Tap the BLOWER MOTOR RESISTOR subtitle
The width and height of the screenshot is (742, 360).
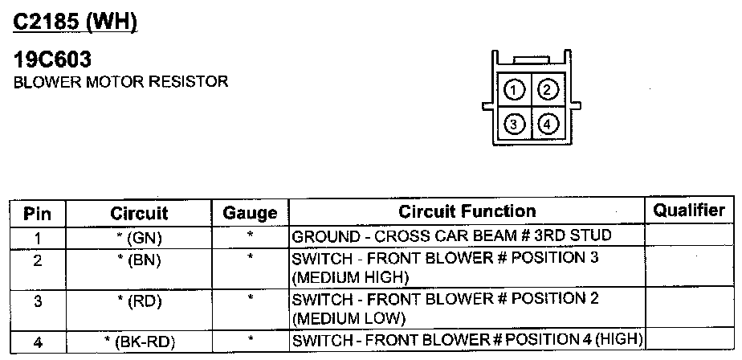tap(121, 81)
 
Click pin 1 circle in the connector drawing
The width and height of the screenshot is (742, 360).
tap(516, 88)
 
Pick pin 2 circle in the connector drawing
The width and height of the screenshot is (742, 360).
tap(548, 88)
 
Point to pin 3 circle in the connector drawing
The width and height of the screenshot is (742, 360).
tap(516, 124)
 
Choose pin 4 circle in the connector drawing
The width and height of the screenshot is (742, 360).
tap(548, 124)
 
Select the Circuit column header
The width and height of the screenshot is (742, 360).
tap(139, 214)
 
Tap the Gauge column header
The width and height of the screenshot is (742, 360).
tap(250, 214)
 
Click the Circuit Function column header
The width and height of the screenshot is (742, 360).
tap(467, 212)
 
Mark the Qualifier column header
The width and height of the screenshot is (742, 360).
tap(688, 211)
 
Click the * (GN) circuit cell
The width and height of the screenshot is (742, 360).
tap(139, 238)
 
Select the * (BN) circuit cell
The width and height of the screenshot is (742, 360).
tap(139, 260)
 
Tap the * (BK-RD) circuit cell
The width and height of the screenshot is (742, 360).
tap(139, 341)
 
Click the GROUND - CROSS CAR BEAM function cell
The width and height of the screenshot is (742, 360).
tap(452, 237)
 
